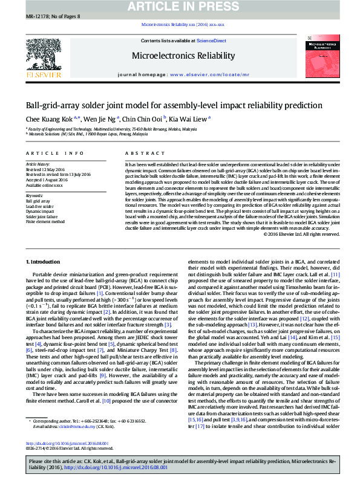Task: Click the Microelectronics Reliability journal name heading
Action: click(183, 56)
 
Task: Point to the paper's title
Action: click(165, 105)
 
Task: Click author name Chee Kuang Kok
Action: click(49, 118)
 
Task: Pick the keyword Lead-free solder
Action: click(41, 206)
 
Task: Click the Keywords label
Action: click(34, 195)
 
